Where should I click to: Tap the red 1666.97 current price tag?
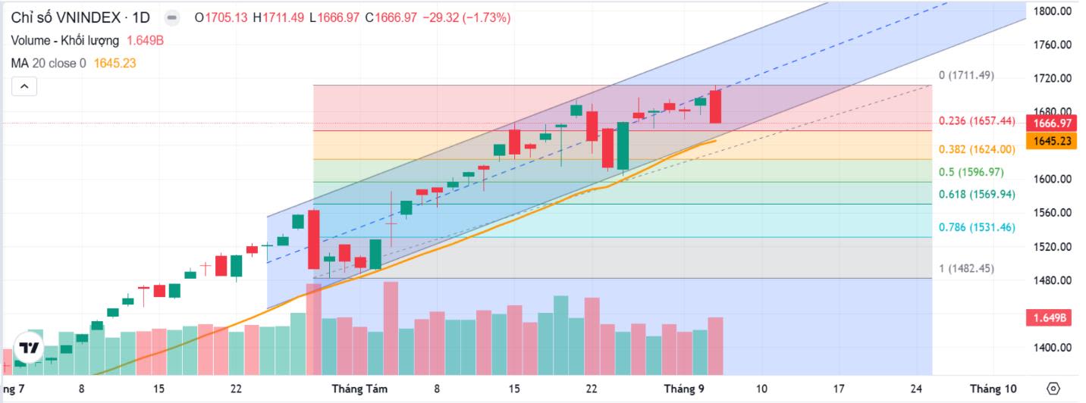(1050, 123)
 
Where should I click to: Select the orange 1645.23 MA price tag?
(1050, 141)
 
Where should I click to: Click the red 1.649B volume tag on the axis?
(1048, 318)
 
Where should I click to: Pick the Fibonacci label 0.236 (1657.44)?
(976, 121)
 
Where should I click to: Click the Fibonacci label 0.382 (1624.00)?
(976, 149)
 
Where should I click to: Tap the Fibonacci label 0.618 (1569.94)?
(976, 195)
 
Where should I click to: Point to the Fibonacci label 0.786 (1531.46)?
(976, 227)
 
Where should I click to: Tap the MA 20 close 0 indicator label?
(49, 64)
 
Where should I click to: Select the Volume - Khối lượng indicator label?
(65, 41)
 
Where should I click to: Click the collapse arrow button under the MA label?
(24, 86)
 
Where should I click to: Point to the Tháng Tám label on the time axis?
(359, 389)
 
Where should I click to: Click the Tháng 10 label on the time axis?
(993, 389)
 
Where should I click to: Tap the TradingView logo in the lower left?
(30, 348)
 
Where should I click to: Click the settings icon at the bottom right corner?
(1053, 389)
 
